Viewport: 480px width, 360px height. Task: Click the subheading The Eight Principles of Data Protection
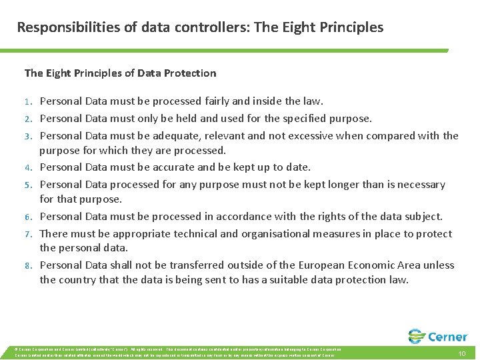[120, 73]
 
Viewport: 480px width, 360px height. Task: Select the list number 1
[29, 102]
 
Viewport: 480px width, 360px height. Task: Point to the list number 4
[29, 168]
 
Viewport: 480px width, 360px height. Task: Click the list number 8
[29, 265]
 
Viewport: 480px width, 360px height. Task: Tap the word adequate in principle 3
[179, 136]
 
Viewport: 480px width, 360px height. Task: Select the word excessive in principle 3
[312, 136]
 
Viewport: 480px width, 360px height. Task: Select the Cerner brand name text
[449, 337]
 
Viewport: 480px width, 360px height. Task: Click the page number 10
[461, 354]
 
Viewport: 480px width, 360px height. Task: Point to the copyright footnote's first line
[173, 349]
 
